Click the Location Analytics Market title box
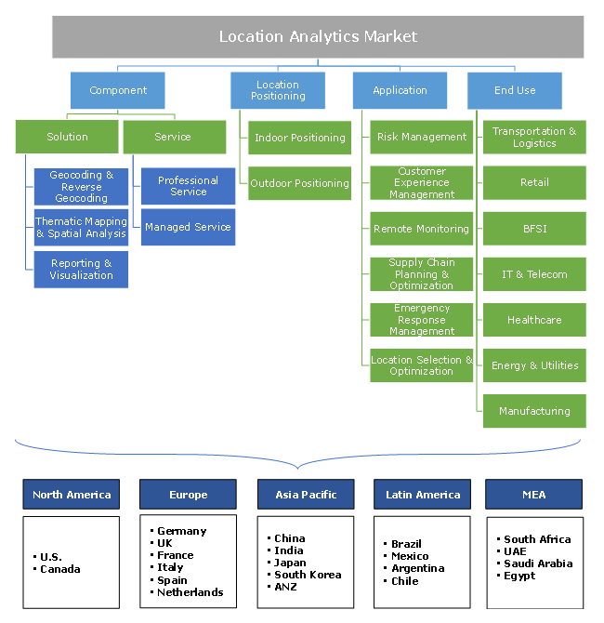click(318, 37)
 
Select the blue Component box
click(118, 91)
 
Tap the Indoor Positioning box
click(299, 138)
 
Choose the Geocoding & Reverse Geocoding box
click(81, 187)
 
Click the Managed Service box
click(188, 227)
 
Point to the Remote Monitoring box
click(421, 229)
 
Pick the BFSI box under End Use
click(534, 229)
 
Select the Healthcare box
click(534, 320)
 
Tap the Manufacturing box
click(534, 411)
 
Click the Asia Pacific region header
click(306, 495)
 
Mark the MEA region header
click(534, 495)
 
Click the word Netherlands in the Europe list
click(190, 592)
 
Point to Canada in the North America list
click(60, 569)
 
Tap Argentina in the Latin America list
click(418, 568)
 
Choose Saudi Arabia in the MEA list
click(538, 563)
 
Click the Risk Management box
click(421, 138)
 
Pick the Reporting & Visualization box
click(81, 270)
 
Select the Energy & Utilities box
click(534, 365)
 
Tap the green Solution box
click(67, 138)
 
